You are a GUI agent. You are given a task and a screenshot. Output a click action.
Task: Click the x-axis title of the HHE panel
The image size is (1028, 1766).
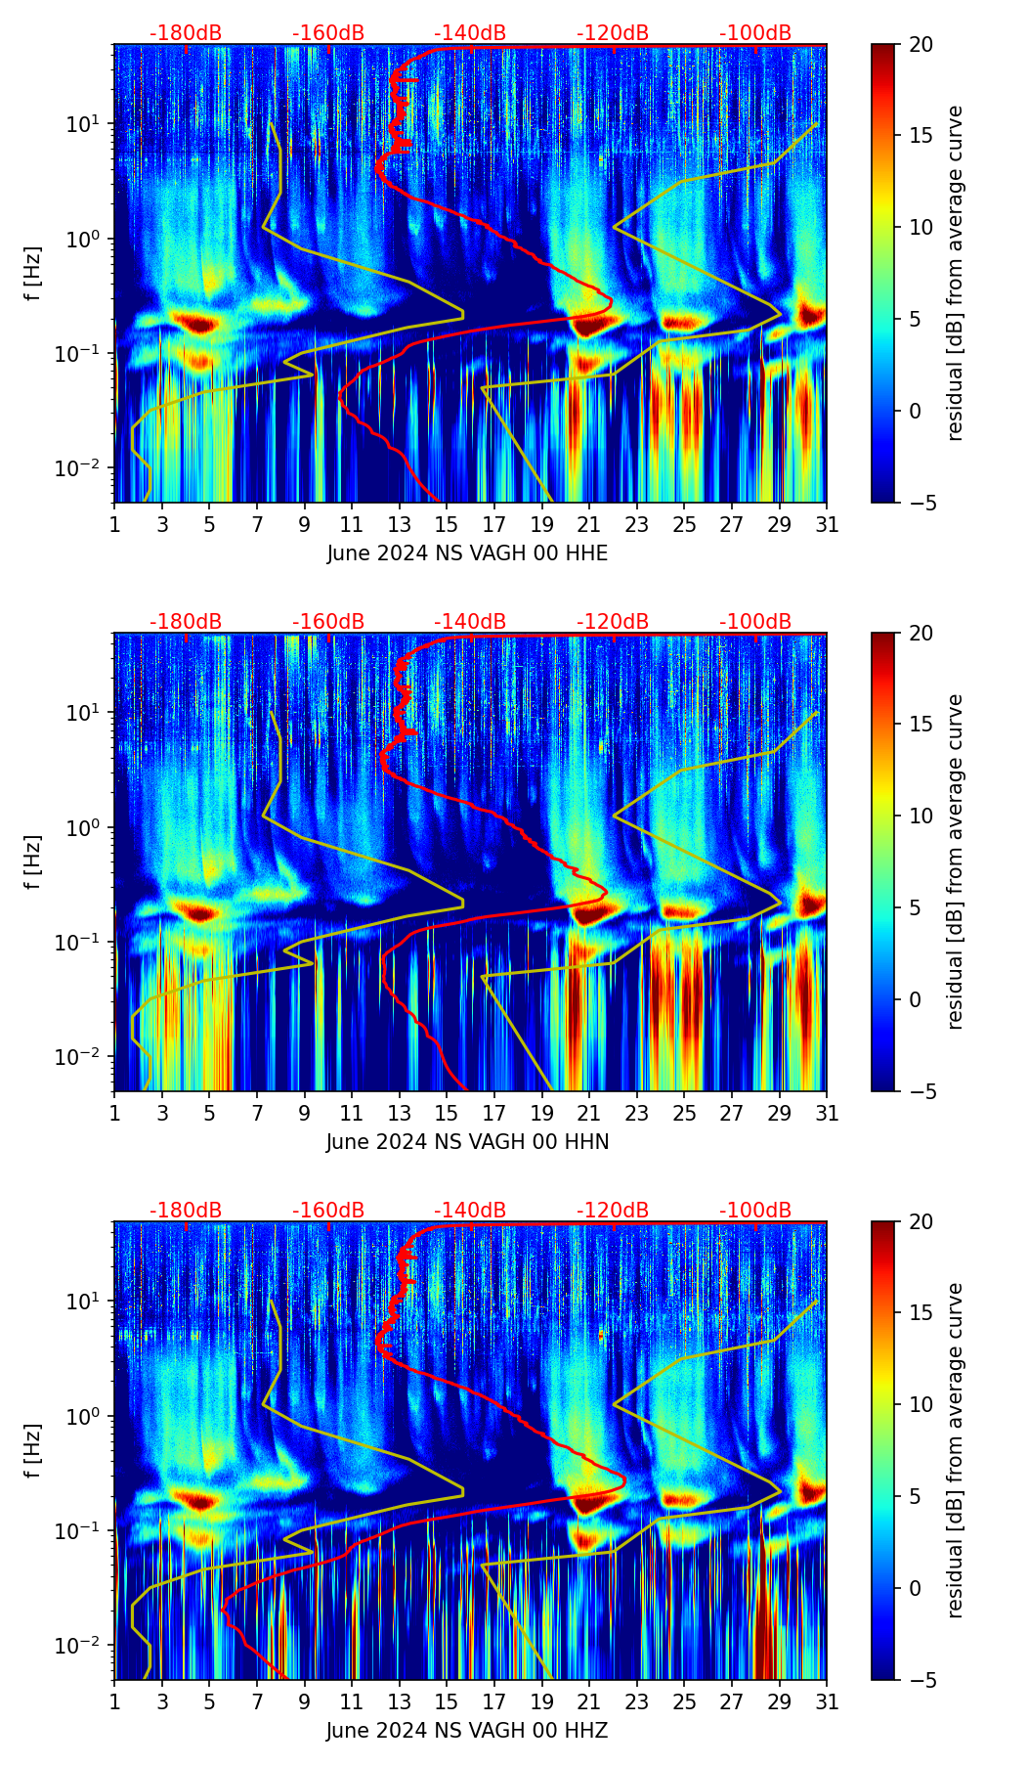point(467,553)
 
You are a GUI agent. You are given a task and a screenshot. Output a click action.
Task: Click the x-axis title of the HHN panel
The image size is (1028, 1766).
point(467,1142)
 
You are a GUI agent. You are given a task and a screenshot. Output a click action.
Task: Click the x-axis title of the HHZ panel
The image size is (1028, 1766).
point(467,1731)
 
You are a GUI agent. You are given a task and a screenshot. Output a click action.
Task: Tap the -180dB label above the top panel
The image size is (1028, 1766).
point(186,33)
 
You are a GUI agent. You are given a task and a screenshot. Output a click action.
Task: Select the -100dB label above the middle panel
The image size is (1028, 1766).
point(755,622)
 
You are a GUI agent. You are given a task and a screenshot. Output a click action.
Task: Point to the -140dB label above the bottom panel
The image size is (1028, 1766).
point(470,1211)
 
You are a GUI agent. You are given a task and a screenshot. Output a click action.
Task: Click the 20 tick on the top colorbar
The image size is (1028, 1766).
point(921,45)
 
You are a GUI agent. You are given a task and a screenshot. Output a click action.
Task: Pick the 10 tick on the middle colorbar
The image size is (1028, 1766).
point(921,816)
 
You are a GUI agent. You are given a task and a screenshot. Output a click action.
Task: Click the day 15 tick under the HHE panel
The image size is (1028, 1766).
point(447,524)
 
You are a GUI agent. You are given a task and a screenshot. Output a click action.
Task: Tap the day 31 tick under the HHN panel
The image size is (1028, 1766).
point(827,1113)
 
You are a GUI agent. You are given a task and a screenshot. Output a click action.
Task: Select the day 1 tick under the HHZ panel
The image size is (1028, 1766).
point(114,1701)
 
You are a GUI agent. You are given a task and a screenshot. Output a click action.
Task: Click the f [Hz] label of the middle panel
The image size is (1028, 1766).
point(33,861)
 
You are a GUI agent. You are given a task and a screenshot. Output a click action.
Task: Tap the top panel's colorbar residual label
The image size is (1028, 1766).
point(956,273)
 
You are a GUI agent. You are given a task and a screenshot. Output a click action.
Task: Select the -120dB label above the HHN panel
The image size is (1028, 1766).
point(613,622)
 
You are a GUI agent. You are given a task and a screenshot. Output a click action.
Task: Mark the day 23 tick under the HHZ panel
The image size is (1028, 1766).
point(636,1701)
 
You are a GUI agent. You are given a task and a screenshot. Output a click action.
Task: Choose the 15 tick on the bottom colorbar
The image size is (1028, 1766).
point(921,1313)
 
